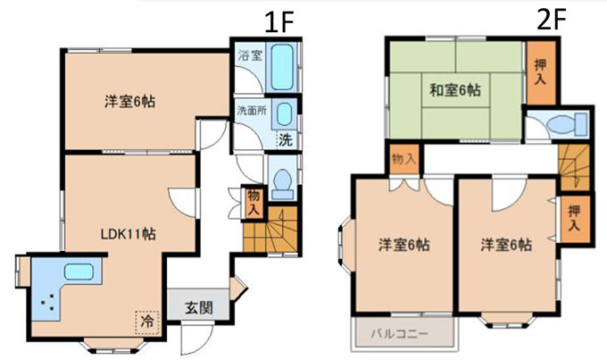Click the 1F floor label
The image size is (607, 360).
[279, 22]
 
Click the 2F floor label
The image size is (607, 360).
[552, 20]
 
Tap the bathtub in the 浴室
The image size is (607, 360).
[282, 67]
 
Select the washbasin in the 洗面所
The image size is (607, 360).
[284, 114]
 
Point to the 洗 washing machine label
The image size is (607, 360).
[286, 139]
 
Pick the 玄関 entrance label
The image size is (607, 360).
[198, 308]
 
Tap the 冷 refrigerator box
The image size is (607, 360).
[147, 322]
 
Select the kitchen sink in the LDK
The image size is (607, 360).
[79, 272]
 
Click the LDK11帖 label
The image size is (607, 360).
[129, 234]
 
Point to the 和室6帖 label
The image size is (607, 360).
[455, 90]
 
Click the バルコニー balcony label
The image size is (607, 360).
[400, 334]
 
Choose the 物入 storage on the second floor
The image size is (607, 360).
[404, 159]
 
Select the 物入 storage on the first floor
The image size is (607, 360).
[254, 202]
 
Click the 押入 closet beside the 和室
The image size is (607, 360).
[540, 72]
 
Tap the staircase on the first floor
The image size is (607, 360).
[270, 230]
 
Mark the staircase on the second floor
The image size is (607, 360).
[574, 167]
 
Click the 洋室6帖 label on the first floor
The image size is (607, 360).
[130, 102]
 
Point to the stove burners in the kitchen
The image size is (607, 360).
[47, 302]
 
